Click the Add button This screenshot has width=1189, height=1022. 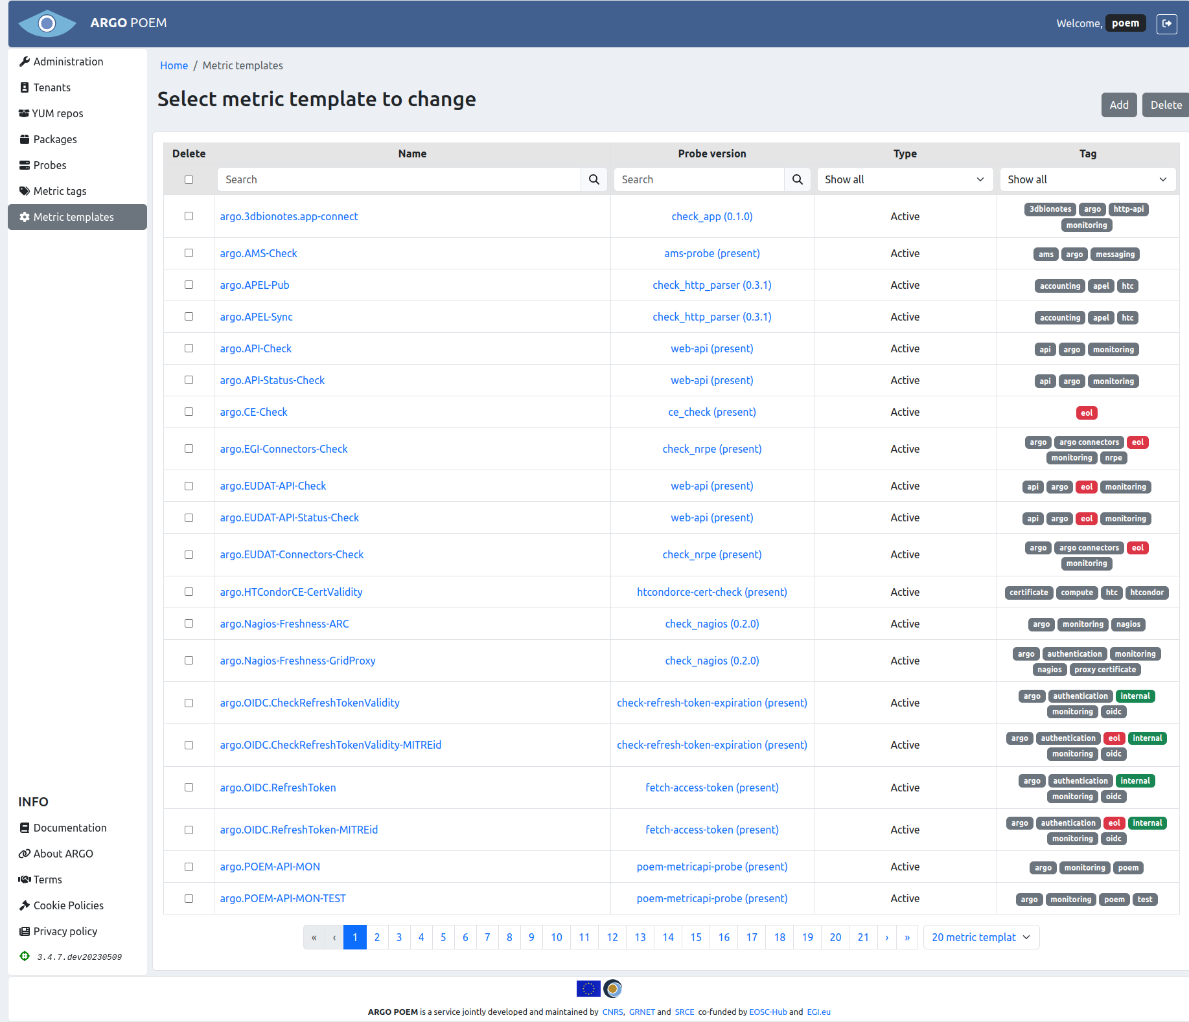(1118, 105)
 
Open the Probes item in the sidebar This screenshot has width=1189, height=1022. (50, 165)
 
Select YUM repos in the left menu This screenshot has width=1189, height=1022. (58, 113)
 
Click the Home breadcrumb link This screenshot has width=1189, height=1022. (174, 65)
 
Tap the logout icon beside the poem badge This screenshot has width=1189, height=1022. (1166, 23)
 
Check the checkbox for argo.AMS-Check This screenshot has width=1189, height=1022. (189, 253)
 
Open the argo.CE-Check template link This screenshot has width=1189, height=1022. (253, 412)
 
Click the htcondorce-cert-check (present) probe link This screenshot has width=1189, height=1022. (711, 592)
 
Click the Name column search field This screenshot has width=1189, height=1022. (399, 179)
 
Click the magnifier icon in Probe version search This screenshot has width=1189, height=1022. (797, 179)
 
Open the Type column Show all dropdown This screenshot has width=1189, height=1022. (904, 179)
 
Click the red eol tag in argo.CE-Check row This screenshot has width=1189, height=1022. (1086, 413)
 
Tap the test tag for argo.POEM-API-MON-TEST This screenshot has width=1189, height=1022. (1144, 899)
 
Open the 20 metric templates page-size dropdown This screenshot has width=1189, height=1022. (980, 937)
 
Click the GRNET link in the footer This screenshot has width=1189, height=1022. (641, 1012)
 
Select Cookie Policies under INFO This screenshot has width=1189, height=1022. (68, 905)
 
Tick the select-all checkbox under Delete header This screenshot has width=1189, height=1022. (189, 179)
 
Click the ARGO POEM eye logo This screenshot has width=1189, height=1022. (47, 23)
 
